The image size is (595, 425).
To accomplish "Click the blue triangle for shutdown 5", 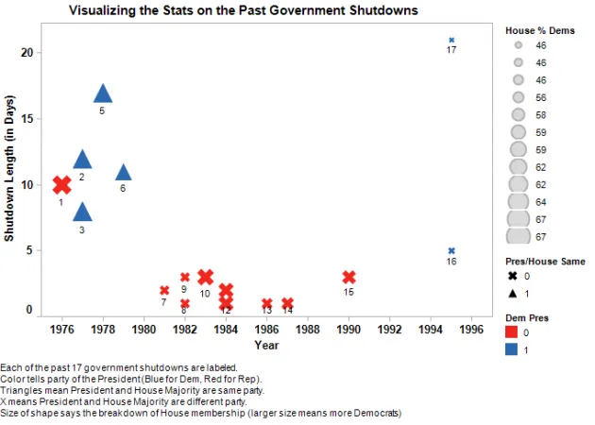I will (103, 93).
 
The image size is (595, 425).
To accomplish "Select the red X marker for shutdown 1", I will (61, 185).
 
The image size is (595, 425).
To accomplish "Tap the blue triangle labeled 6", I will (123, 172).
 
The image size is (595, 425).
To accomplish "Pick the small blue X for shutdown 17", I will (451, 40).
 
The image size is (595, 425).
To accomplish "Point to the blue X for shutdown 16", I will (451, 250).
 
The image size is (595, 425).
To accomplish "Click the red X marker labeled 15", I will (349, 277).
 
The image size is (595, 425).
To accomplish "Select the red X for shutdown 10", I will (206, 277).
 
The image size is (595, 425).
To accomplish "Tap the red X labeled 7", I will (164, 290).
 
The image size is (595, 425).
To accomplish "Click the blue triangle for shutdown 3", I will (82, 212).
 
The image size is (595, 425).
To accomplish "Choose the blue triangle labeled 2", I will (82, 160).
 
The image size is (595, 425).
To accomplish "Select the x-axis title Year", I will (266, 346).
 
